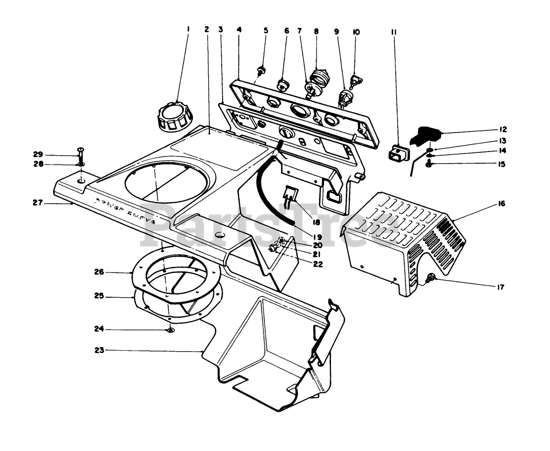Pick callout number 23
coord(99,350)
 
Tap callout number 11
coord(394,32)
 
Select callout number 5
coord(266,31)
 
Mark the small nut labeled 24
coord(170,330)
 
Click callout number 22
coord(318,265)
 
